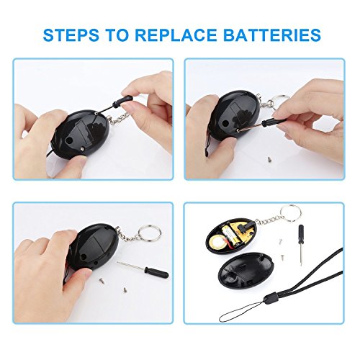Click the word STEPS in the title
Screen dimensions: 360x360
click(71, 35)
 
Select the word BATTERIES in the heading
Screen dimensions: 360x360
click(271, 35)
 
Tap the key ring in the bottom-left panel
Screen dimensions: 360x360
click(150, 232)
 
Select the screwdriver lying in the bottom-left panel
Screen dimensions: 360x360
click(143, 271)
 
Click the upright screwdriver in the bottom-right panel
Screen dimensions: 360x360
click(300, 244)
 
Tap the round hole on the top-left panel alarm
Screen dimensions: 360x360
click(70, 140)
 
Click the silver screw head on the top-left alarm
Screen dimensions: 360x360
click(83, 149)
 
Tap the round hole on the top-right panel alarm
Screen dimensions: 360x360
click(225, 124)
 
